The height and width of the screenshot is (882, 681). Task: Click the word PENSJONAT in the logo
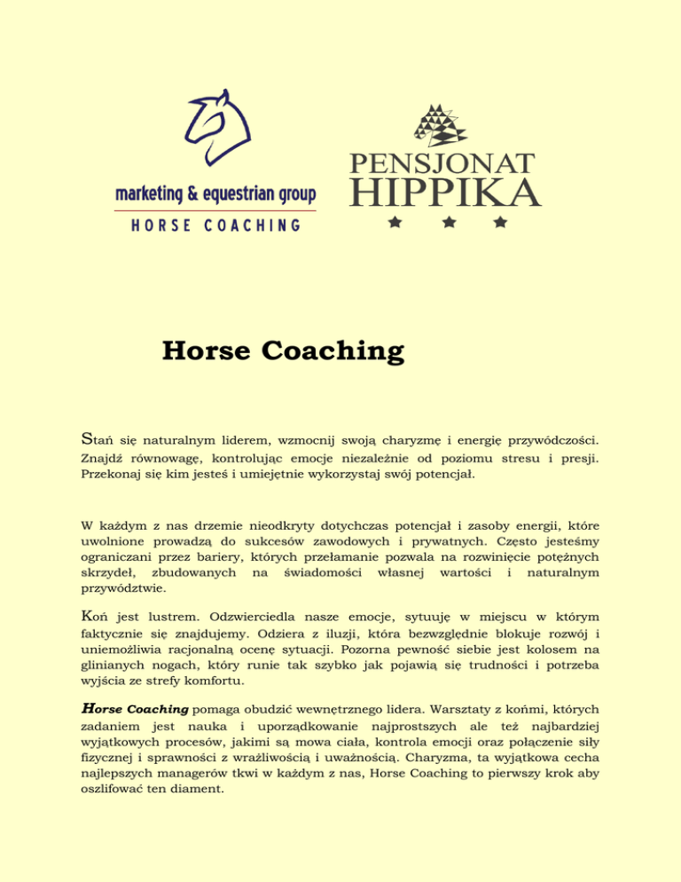pos(443,164)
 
